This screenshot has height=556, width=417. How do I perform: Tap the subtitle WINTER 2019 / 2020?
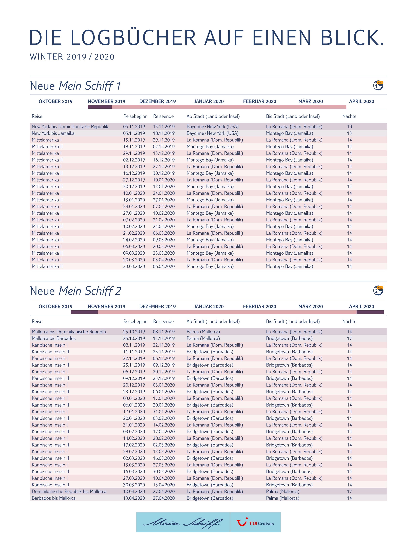(x=72, y=57)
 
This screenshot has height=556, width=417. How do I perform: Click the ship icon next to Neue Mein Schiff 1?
(x=378, y=85)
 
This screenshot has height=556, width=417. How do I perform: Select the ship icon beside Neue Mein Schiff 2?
(x=378, y=291)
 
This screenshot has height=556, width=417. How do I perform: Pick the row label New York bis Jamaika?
(x=53, y=133)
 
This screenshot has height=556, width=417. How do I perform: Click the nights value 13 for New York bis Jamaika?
(x=349, y=133)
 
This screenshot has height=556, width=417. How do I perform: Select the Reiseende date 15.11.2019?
(x=164, y=127)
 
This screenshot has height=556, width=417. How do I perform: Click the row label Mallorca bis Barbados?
(x=53, y=338)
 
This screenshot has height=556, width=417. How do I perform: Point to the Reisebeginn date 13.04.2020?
(x=134, y=498)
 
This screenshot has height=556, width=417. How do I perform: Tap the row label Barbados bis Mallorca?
(x=53, y=498)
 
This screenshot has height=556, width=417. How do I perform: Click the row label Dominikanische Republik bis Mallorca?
(x=69, y=491)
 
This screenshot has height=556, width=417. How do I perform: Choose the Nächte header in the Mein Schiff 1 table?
(x=349, y=116)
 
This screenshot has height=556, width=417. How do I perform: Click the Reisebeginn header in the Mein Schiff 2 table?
(x=135, y=321)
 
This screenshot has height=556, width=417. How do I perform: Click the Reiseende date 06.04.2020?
(x=164, y=266)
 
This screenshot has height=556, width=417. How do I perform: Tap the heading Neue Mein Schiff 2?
(x=75, y=291)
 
